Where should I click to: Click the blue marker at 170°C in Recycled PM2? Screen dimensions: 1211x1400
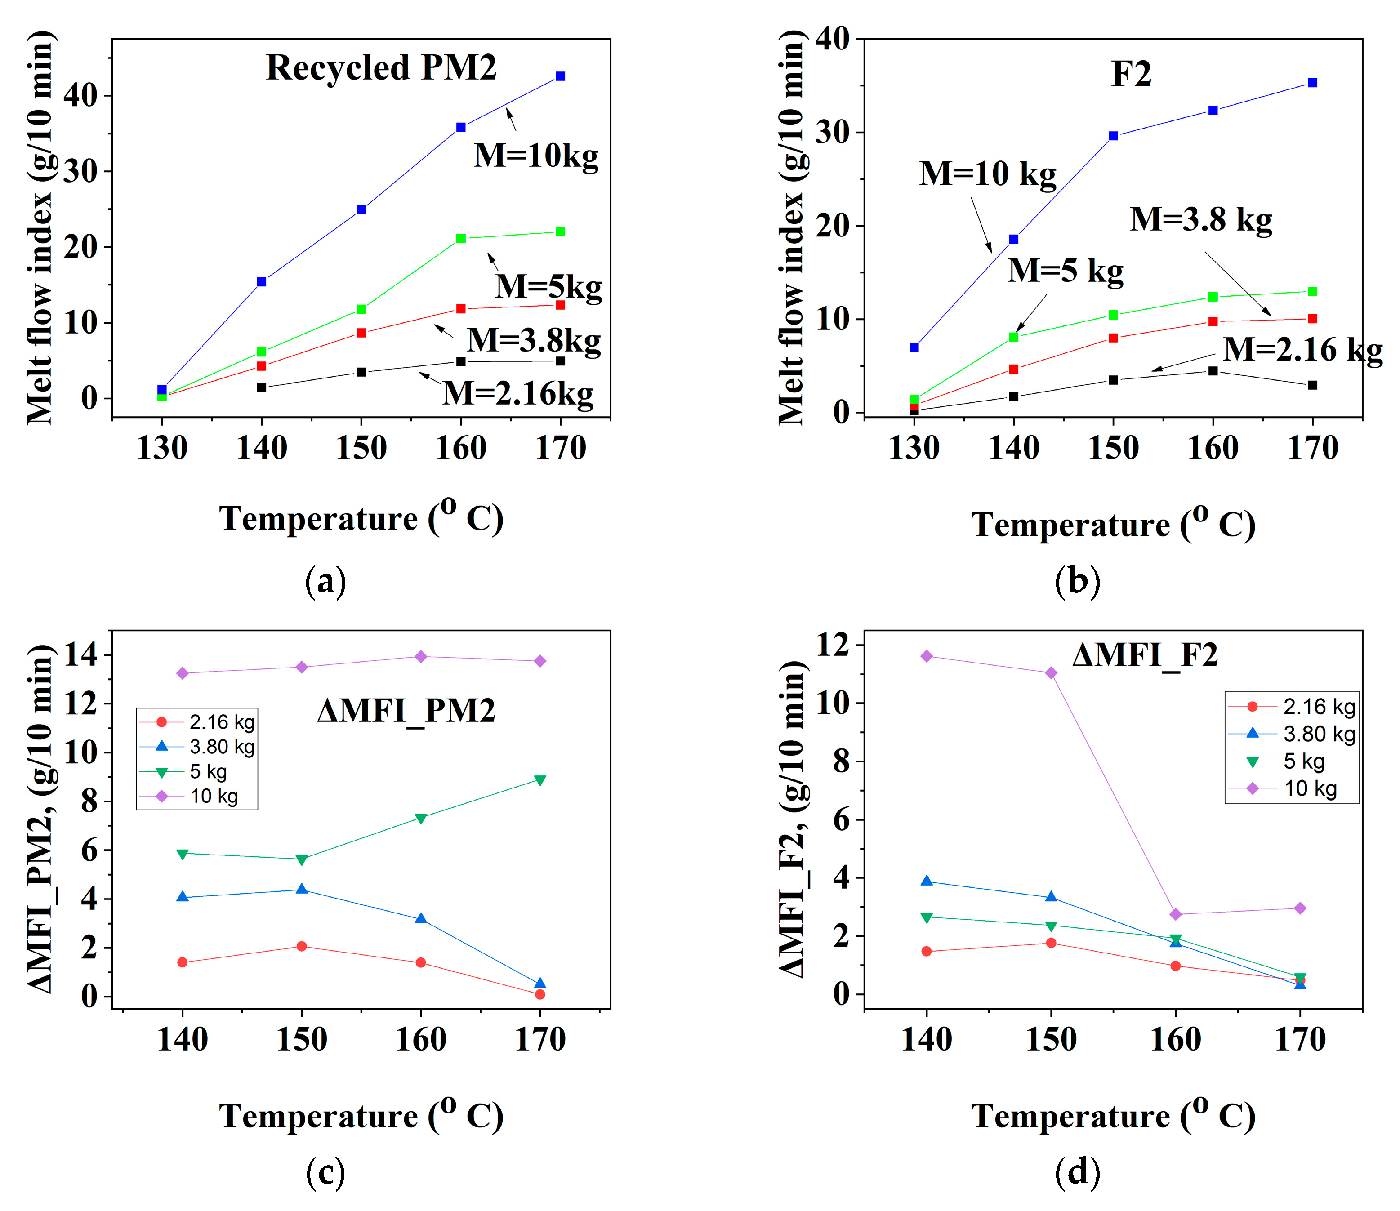[x=561, y=76]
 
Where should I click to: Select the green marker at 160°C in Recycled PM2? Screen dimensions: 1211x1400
[x=461, y=239]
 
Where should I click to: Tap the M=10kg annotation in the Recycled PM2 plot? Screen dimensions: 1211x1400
[x=536, y=156]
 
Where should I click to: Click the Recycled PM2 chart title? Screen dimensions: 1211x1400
[x=381, y=67]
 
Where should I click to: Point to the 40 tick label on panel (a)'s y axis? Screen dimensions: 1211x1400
[x=80, y=95]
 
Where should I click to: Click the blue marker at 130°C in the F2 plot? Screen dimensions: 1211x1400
[x=914, y=348]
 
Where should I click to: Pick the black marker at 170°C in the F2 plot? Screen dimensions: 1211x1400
[x=1313, y=385]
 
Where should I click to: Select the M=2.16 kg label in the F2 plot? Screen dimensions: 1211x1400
[x=1302, y=349]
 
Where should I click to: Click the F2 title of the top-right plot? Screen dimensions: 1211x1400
[x=1131, y=74]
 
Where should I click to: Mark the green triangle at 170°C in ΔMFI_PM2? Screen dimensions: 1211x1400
[x=540, y=780]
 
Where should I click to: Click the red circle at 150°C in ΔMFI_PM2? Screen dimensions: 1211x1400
[x=302, y=946]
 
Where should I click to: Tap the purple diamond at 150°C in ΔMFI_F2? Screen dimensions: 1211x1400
[x=1051, y=673]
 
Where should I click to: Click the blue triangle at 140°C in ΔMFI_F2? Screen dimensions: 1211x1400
[x=927, y=881]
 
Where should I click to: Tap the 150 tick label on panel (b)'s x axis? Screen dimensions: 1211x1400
[x=1113, y=448]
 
